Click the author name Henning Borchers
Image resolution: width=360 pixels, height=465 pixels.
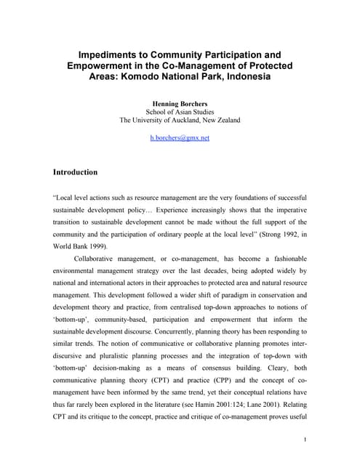[x=179, y=104]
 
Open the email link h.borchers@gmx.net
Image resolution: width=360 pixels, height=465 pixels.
[x=179, y=137]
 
